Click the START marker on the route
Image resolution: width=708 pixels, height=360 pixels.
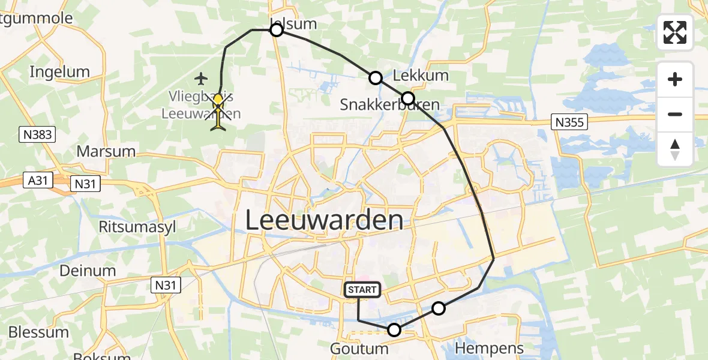(x=362, y=290)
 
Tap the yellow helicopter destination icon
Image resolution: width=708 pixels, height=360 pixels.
(x=218, y=112)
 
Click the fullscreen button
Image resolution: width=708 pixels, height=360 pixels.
(x=675, y=32)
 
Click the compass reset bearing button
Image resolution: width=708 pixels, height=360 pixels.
(x=675, y=149)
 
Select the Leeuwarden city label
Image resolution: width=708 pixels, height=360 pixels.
(x=324, y=220)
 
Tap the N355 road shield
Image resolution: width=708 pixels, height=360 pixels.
(x=568, y=122)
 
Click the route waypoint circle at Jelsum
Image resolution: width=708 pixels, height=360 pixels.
(x=276, y=30)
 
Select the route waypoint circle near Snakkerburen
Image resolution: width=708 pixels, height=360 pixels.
(x=408, y=98)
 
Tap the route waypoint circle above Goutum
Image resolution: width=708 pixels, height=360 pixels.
(x=394, y=329)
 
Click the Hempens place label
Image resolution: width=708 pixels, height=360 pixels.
(x=490, y=347)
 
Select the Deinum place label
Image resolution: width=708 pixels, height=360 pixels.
(x=88, y=271)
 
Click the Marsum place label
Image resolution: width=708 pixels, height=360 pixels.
(x=106, y=151)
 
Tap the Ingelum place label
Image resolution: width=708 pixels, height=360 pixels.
(x=59, y=72)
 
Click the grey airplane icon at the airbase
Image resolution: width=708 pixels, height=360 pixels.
(x=201, y=78)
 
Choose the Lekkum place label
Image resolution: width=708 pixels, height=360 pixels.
(x=421, y=76)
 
